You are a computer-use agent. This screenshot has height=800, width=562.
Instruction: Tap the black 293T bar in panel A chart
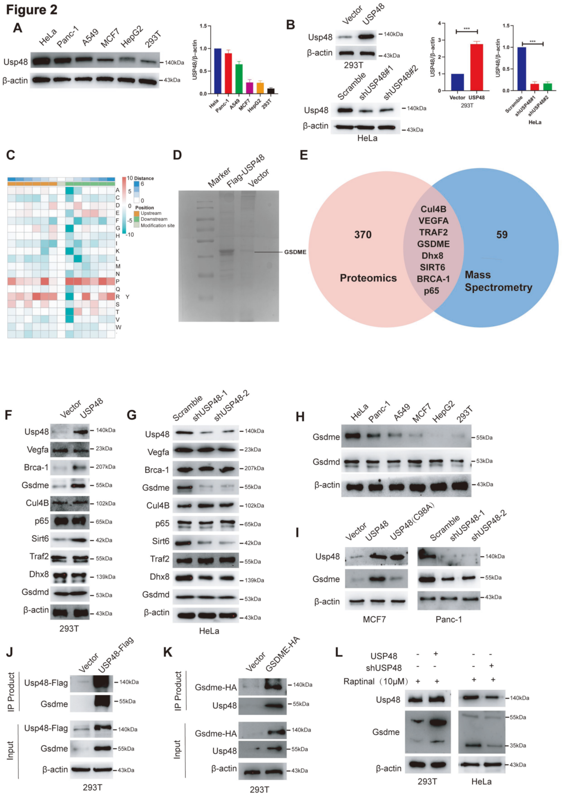click(x=271, y=91)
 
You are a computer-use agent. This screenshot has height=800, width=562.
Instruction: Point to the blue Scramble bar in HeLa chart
click(x=522, y=69)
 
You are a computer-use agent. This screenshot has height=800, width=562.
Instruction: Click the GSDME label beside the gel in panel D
click(x=295, y=252)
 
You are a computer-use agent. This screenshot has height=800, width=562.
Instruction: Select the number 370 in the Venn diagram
click(x=363, y=234)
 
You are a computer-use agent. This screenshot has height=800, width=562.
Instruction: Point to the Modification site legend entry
click(x=157, y=225)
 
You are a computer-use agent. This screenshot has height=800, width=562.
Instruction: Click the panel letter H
click(x=300, y=417)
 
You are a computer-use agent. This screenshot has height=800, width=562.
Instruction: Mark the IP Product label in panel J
click(x=11, y=691)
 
